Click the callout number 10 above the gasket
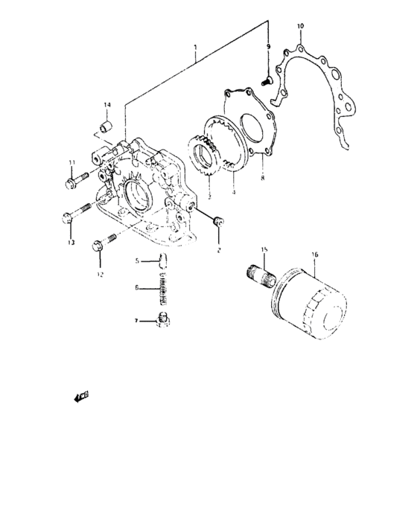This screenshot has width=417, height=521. pyautogui.click(x=300, y=27)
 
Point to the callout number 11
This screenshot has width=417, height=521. pyautogui.click(x=71, y=163)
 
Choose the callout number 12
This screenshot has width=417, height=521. pyautogui.click(x=99, y=273)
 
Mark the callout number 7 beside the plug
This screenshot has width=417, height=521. pyautogui.click(x=136, y=322)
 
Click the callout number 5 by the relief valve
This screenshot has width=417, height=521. pyautogui.click(x=137, y=260)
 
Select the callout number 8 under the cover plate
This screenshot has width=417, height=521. pyautogui.click(x=261, y=179)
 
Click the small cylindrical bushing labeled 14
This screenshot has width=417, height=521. pyautogui.click(x=106, y=124)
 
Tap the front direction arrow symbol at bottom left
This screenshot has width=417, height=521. pyautogui.click(x=80, y=397)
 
